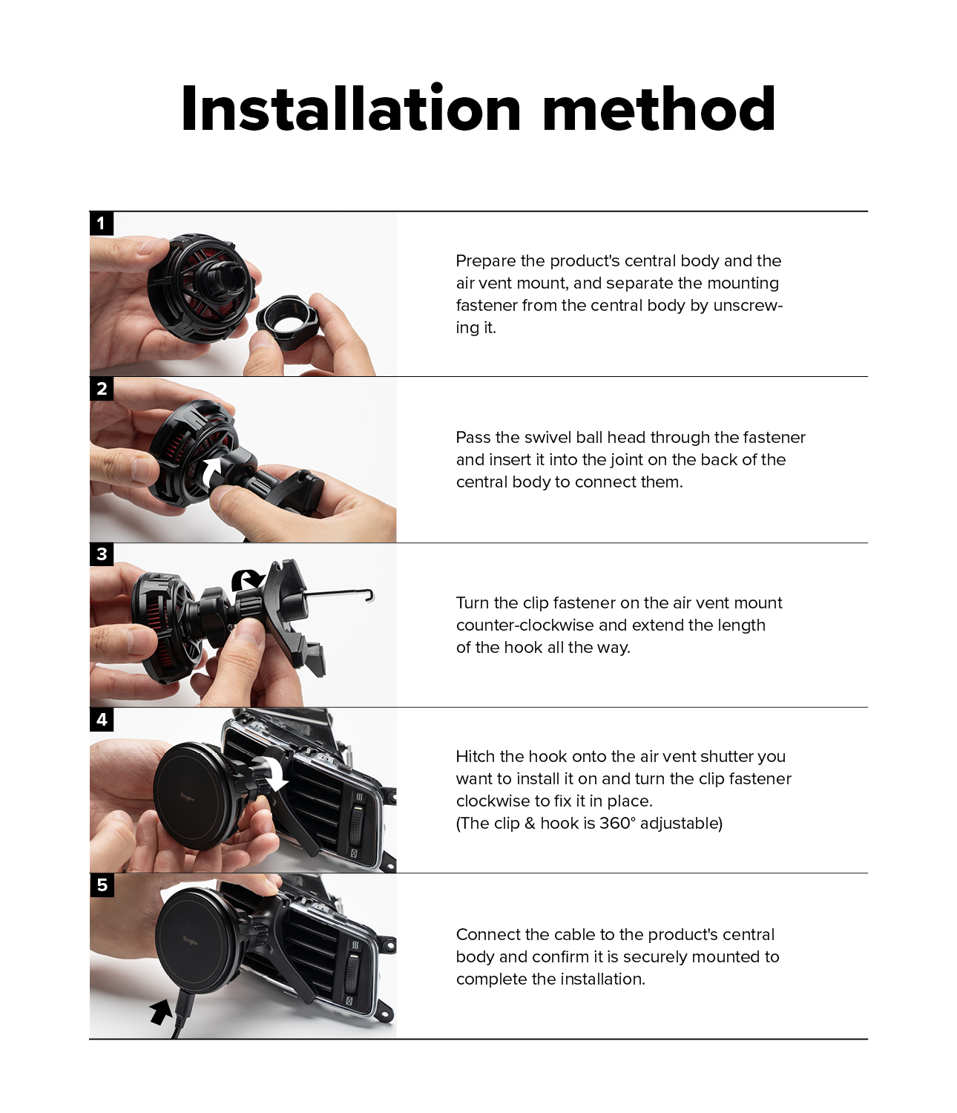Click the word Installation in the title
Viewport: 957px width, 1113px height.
(351, 109)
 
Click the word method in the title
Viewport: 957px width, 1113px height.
(660, 109)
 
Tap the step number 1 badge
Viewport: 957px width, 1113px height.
(101, 223)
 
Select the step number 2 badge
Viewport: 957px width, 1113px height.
(101, 388)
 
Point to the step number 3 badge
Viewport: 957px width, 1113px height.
(101, 554)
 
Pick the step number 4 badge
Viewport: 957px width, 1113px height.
(101, 719)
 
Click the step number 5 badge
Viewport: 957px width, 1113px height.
(101, 884)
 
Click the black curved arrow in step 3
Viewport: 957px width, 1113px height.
(246, 580)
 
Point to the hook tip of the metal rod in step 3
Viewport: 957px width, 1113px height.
(370, 596)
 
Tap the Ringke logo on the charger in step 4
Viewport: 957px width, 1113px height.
(188, 797)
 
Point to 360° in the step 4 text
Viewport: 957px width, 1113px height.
(616, 824)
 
